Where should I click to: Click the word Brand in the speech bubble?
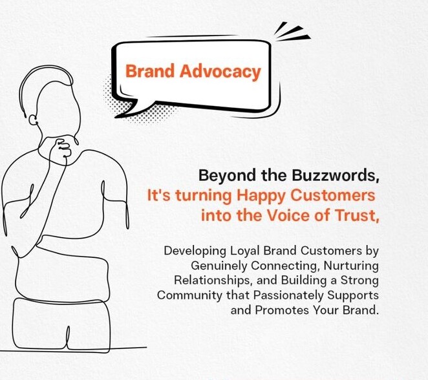(149, 71)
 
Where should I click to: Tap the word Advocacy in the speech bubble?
(220, 72)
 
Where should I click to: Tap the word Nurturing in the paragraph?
(351, 266)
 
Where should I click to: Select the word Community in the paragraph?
(189, 295)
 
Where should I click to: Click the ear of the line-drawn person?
(33, 120)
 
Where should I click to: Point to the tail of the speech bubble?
(128, 109)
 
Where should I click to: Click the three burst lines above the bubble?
(292, 32)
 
